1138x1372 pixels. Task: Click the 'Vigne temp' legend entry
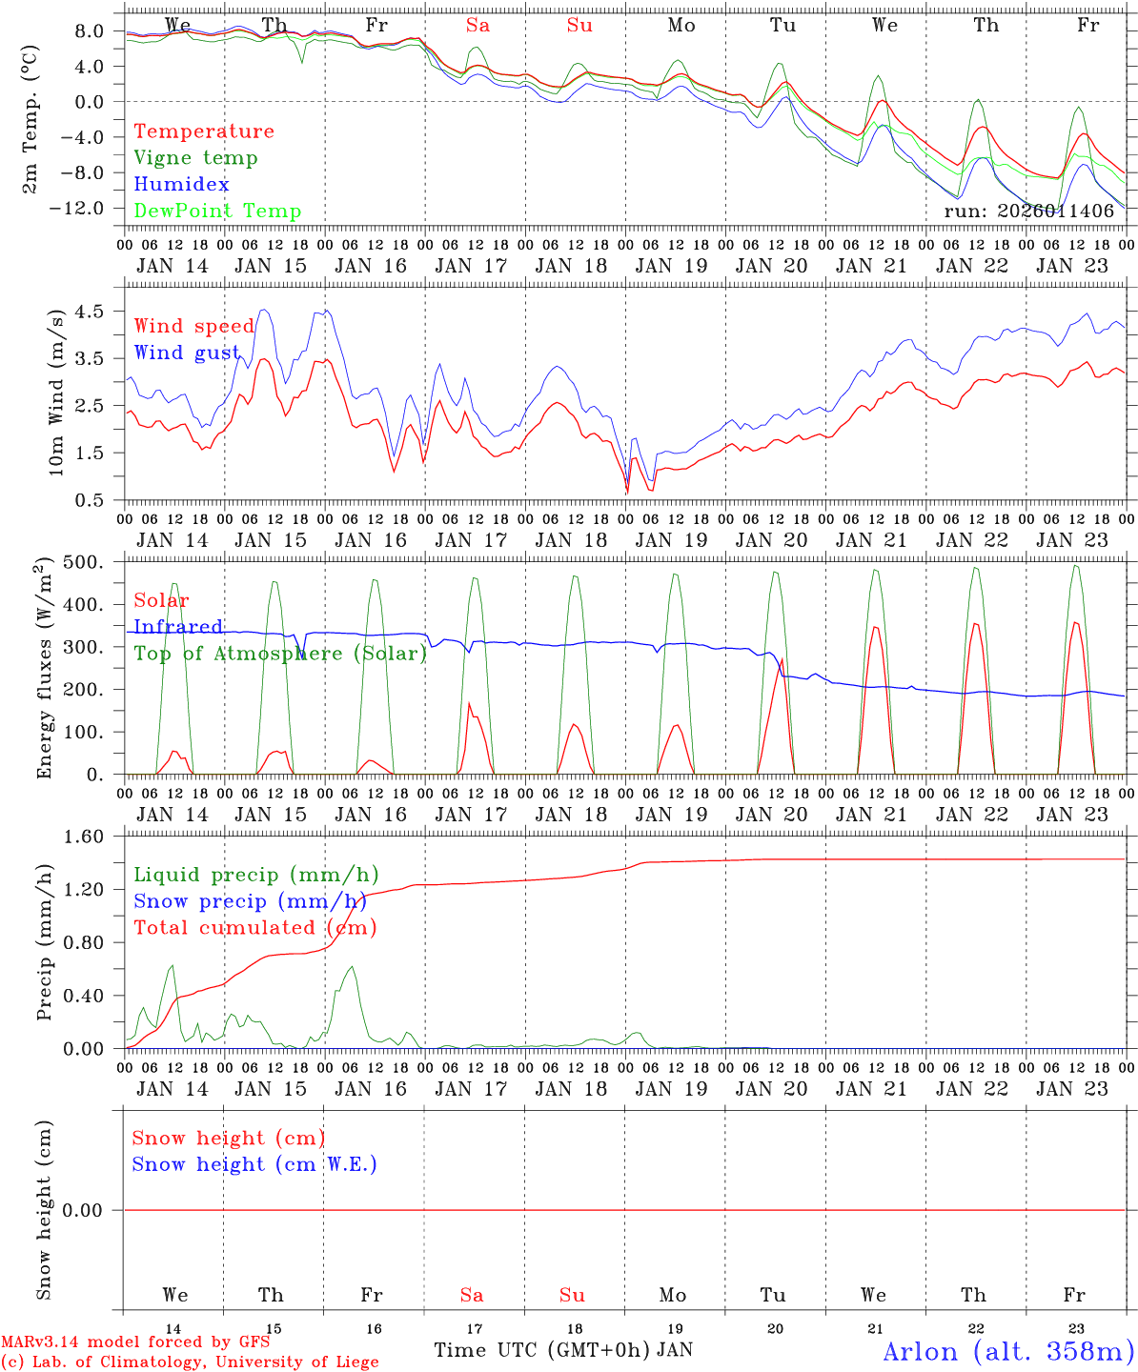195,158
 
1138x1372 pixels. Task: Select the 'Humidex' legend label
181,185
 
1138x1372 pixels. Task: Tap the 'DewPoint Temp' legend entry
217,212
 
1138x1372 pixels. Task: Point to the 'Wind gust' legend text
187,353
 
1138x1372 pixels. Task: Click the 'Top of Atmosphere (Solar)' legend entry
280,654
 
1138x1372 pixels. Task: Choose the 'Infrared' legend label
178,627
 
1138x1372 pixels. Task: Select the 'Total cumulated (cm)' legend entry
254,928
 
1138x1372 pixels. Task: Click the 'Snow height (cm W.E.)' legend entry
254,1164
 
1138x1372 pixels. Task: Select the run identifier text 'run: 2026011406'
1028,212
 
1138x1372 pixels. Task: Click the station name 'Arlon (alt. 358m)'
1008,1351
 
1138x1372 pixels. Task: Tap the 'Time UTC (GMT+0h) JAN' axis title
563,1350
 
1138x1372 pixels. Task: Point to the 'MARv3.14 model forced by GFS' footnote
135,1342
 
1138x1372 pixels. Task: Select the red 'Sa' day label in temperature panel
478,26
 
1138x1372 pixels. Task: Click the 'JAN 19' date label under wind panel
672,540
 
